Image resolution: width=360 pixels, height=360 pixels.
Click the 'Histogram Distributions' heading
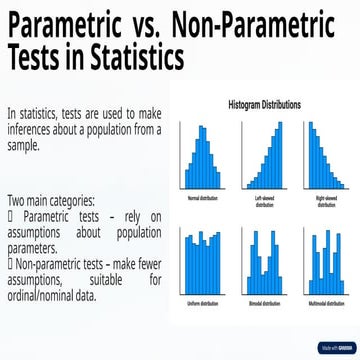266,104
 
